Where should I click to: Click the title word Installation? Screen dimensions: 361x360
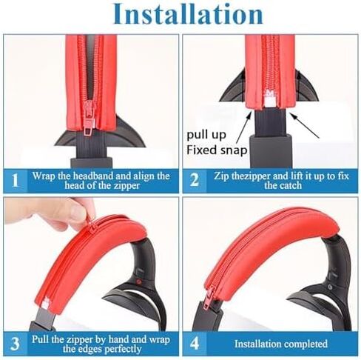coord(188,13)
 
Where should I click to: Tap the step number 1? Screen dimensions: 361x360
coord(16,180)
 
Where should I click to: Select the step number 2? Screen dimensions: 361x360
coord(195,180)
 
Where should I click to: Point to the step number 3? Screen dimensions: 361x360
coord(15,344)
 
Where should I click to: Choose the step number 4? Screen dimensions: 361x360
coord(195,344)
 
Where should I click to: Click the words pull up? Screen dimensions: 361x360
coord(206,135)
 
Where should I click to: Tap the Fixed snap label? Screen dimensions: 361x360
coord(217,150)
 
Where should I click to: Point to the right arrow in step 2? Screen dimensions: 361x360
coord(304,125)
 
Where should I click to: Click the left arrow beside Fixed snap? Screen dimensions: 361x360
coord(244,127)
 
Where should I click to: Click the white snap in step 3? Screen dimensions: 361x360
coord(46,304)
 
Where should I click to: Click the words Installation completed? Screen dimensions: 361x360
coord(280,344)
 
